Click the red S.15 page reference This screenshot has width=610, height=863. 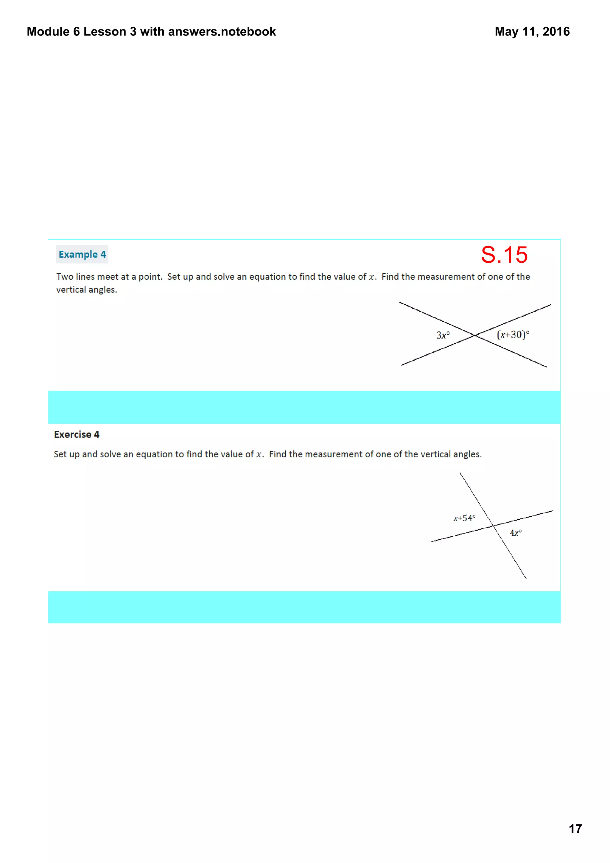(504, 255)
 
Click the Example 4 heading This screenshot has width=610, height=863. (82, 255)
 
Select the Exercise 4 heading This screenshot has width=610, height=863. (77, 434)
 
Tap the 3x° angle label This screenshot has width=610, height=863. (443, 335)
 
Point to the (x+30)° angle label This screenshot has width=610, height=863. (513, 334)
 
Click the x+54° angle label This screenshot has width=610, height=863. (464, 518)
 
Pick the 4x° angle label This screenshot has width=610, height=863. (516, 533)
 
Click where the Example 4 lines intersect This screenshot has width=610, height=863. (475, 335)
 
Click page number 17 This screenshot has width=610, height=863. (575, 829)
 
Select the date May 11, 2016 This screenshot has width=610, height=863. (532, 32)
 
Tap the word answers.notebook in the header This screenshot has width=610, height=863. (222, 32)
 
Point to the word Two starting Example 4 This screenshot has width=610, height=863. (65, 277)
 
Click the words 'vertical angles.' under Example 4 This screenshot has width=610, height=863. (86, 290)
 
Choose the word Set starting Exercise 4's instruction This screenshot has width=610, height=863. (60, 454)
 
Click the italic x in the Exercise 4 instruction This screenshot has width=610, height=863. (259, 454)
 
